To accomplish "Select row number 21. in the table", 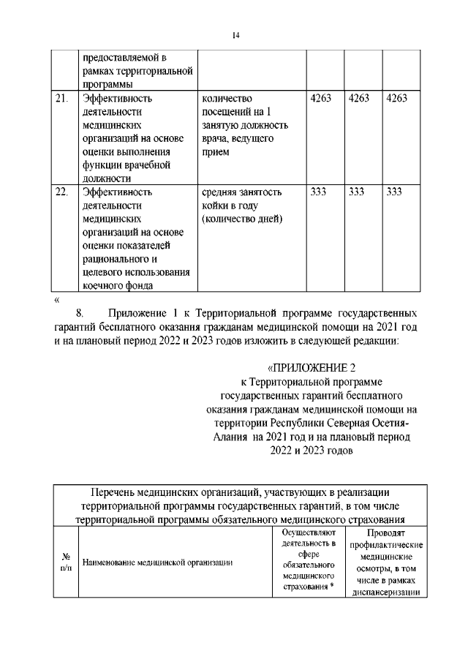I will click(x=63, y=99).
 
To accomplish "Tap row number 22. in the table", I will click(x=63, y=192).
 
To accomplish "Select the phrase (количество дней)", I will click(x=242, y=219).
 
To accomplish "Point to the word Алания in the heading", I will click(x=230, y=437).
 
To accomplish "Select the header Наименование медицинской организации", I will click(x=158, y=563).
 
